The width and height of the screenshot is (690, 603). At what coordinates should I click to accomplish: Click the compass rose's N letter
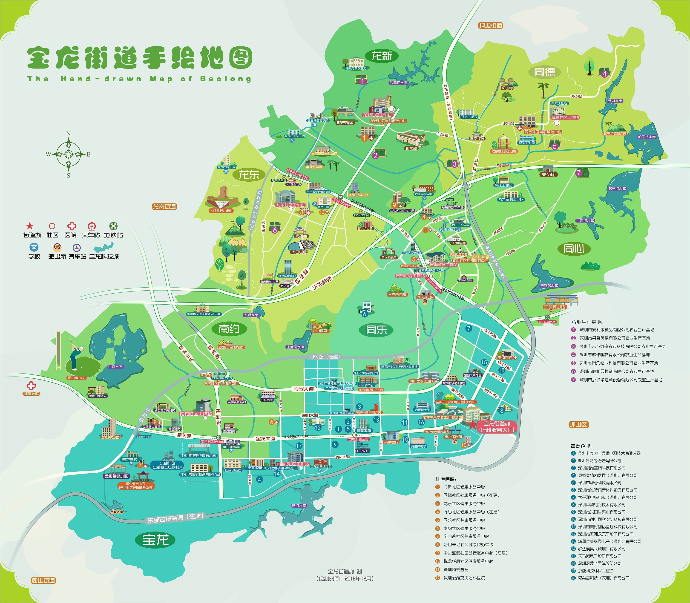pos(69,134)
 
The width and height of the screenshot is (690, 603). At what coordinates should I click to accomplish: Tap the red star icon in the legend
pos(30,226)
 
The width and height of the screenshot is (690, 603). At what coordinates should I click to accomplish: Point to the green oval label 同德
pos(544,72)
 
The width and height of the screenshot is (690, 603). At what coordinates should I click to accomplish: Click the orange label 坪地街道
pos(491,26)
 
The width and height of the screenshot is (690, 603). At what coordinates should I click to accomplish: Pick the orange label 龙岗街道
pos(164,206)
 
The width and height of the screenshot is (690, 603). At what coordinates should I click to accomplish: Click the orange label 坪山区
pos(578,424)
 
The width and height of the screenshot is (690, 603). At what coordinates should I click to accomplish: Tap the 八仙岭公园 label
pos(221,211)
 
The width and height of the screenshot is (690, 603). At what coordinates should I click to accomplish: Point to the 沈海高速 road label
pos(322,283)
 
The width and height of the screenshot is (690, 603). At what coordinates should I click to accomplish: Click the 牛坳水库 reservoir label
pos(115,367)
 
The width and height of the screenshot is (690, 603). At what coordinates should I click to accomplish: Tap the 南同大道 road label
pos(304,389)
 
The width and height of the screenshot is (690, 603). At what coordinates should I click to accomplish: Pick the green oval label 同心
pos(574,249)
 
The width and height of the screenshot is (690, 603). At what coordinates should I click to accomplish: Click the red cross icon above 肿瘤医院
pos(31,386)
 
